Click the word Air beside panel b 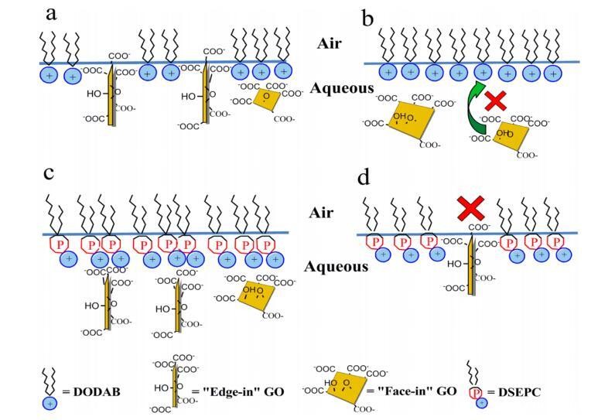pyautogui.click(x=334, y=43)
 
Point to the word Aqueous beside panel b pyautogui.click(x=342, y=89)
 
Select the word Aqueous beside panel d pyautogui.click(x=335, y=266)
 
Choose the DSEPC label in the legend pyautogui.click(x=516, y=391)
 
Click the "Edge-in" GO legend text pyautogui.click(x=241, y=391)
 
